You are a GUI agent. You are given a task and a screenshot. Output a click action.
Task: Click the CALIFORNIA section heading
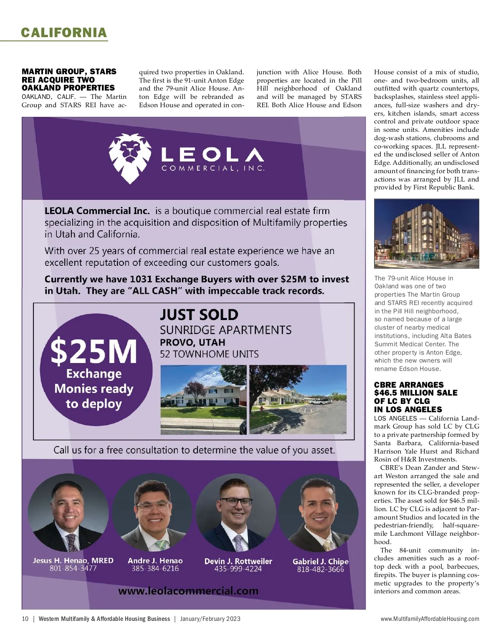tap(64, 33)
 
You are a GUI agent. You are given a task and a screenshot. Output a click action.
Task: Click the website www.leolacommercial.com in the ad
tap(188, 591)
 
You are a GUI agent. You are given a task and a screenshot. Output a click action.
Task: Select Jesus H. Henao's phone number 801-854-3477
tap(73, 568)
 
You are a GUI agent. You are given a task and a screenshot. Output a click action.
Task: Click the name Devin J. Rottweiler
tap(238, 561)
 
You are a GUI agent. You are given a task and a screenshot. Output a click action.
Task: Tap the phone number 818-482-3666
tap(320, 570)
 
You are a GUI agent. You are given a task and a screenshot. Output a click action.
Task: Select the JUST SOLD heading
tap(199, 315)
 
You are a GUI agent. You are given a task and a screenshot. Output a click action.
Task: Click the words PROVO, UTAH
tap(192, 343)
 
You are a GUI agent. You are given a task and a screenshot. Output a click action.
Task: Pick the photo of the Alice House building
tap(426, 234)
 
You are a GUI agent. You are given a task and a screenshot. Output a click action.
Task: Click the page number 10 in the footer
tap(25, 619)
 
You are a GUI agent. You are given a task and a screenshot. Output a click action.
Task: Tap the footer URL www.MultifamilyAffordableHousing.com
tap(430, 619)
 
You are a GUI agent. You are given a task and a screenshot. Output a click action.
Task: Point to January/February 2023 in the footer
tap(210, 619)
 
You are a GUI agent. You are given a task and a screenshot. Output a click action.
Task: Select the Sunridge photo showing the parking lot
tap(298, 399)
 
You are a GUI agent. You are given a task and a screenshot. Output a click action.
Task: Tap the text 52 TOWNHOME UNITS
tap(209, 354)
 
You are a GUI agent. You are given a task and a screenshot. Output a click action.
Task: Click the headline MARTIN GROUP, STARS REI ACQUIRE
tap(69, 80)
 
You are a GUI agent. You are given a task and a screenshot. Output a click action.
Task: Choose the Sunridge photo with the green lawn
tap(203, 399)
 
